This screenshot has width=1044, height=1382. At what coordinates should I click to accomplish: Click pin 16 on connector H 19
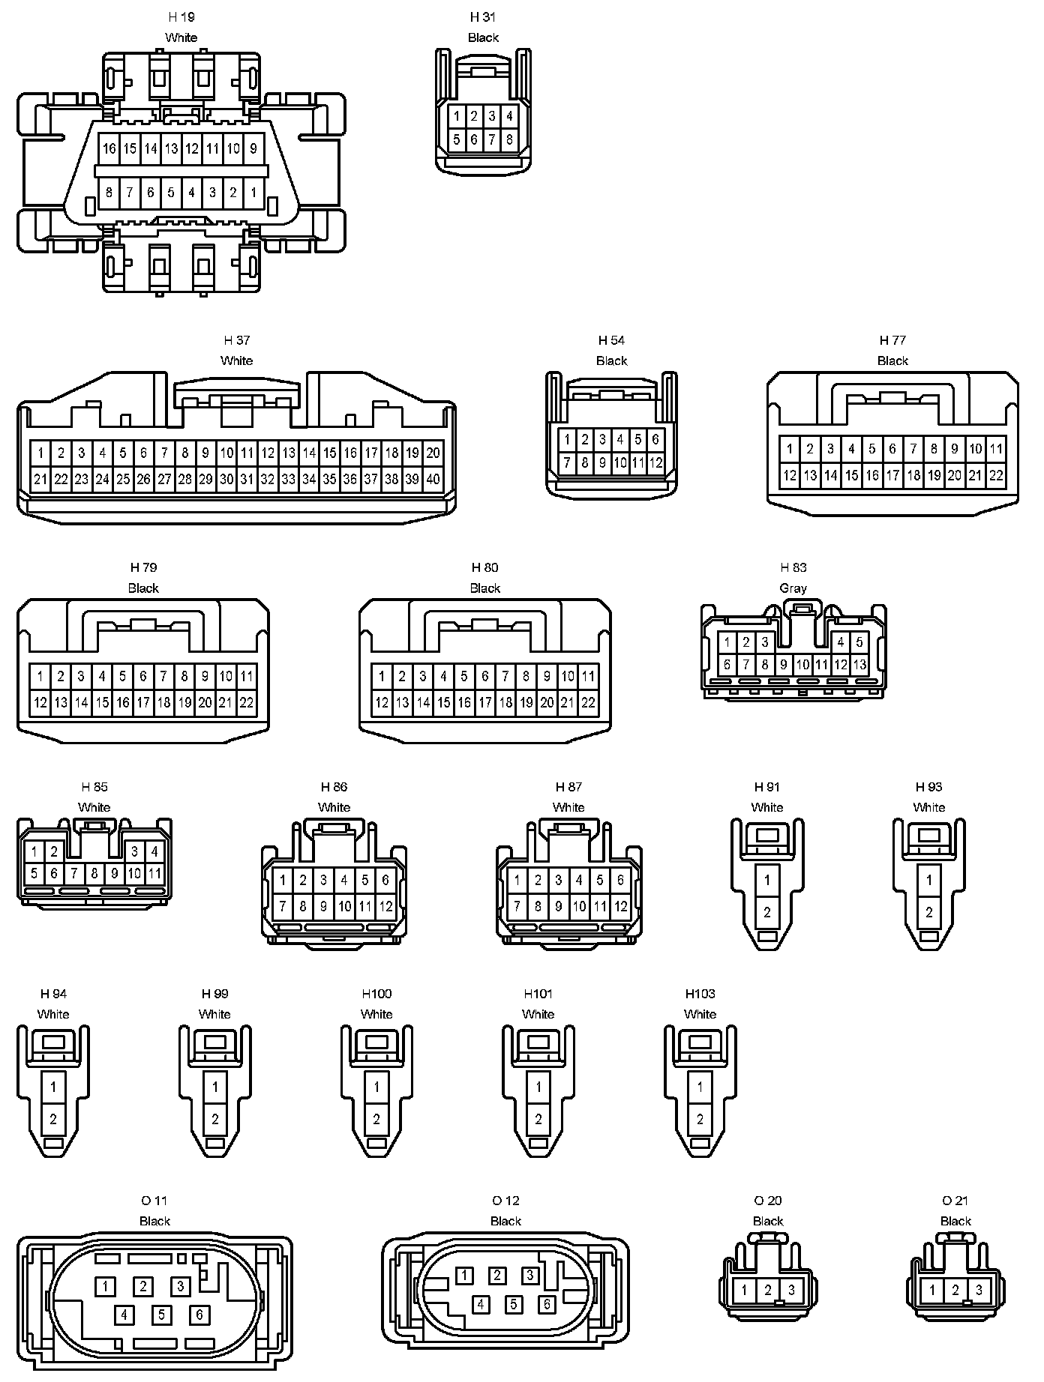109,148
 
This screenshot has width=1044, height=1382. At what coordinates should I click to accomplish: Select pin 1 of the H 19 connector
254,193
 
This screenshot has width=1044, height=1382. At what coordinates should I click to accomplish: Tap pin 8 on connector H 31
509,139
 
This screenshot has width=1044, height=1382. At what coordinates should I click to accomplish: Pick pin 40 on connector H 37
433,479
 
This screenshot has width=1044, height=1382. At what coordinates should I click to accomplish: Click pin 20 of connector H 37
433,453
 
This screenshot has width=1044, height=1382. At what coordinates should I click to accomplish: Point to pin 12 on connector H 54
655,463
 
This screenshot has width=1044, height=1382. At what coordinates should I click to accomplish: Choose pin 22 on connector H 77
996,475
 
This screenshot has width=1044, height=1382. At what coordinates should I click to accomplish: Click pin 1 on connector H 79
40,677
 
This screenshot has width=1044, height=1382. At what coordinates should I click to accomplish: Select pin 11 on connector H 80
589,677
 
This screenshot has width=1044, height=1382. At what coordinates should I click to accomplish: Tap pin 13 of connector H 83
859,665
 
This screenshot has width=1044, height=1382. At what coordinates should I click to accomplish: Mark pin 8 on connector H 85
94,873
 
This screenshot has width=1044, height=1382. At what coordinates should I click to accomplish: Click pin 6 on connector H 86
385,881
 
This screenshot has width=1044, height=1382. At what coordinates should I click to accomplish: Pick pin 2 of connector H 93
929,912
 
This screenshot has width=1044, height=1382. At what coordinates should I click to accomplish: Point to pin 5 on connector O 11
161,1315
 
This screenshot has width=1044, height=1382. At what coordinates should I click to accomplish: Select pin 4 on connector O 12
481,1305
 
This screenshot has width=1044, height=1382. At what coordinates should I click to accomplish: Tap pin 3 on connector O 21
979,1291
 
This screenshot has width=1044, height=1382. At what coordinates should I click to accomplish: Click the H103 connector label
700,994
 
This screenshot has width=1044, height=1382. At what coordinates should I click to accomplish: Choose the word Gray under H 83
793,588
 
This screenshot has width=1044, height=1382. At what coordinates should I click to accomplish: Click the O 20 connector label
768,1201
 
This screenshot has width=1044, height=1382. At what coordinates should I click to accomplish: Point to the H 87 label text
568,787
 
